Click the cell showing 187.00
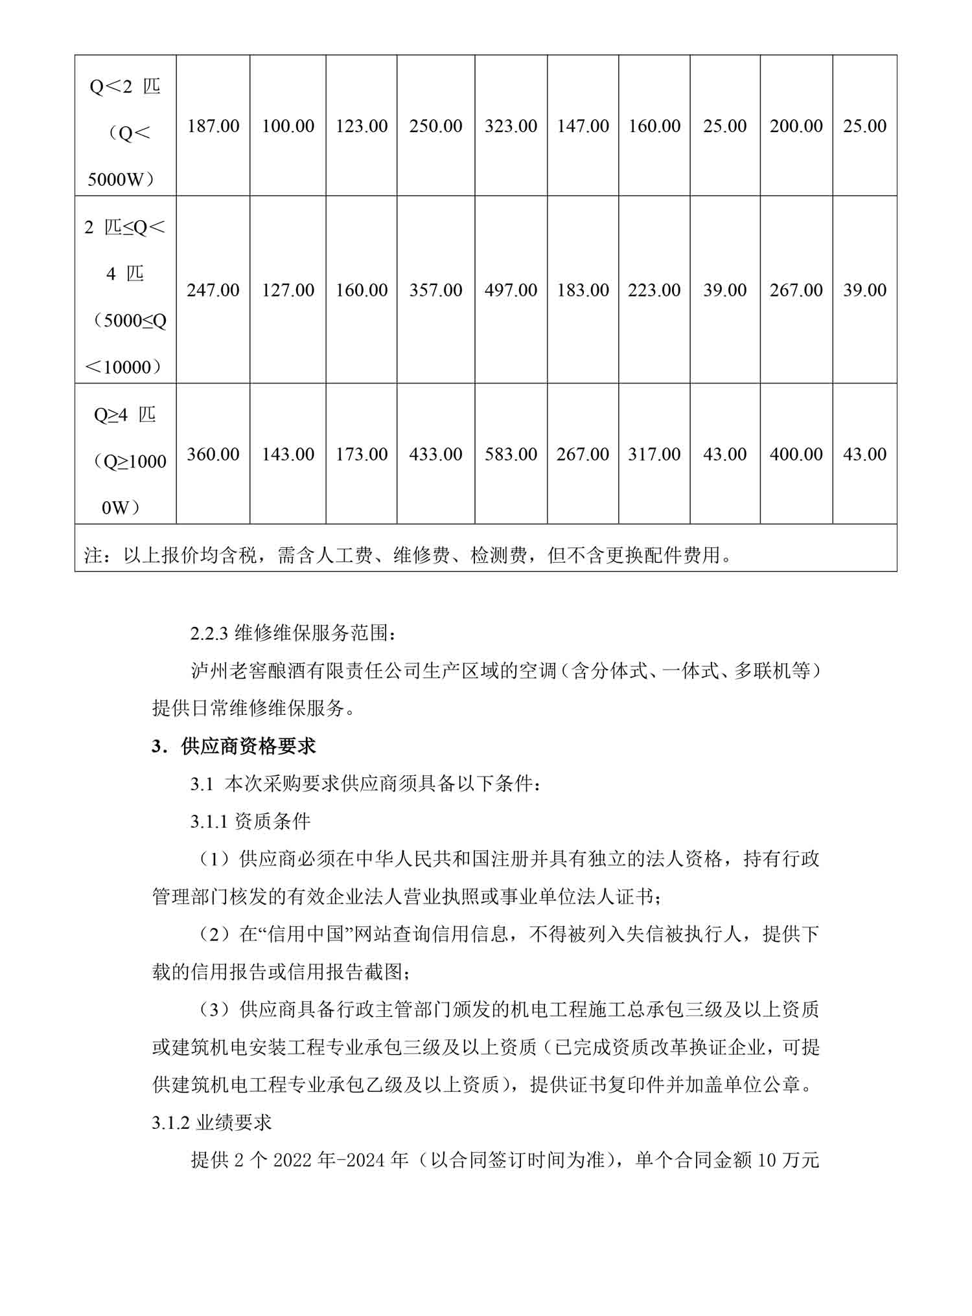(x=213, y=126)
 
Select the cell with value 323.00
(x=511, y=126)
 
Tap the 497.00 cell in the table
(x=511, y=290)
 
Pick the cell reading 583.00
(x=511, y=454)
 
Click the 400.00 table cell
(x=796, y=454)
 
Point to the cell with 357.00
(x=435, y=290)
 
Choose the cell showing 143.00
(x=288, y=454)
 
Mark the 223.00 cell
(x=654, y=290)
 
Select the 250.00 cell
(x=435, y=126)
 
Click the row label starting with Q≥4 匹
(x=125, y=460)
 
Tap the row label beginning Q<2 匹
(x=125, y=132)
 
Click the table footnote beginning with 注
(x=408, y=555)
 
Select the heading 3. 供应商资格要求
(x=234, y=746)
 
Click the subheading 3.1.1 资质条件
(x=251, y=822)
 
